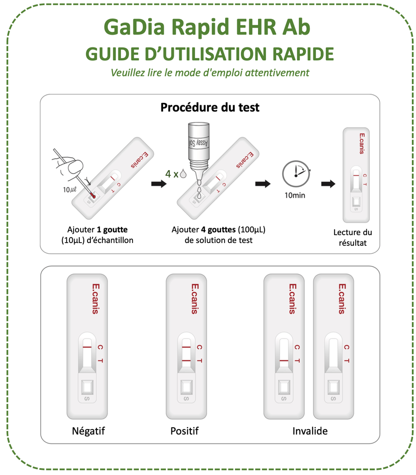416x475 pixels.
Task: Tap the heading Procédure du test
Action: point(209,108)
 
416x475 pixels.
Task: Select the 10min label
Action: point(295,195)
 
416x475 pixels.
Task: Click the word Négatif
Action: point(88,431)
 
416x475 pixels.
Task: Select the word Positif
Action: point(184,431)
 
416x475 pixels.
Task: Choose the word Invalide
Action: point(310,431)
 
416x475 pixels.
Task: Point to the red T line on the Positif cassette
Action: point(186,360)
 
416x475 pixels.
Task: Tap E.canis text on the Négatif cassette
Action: point(95,299)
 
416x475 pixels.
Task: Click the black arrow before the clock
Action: point(263,184)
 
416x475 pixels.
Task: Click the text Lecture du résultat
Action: point(353,237)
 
